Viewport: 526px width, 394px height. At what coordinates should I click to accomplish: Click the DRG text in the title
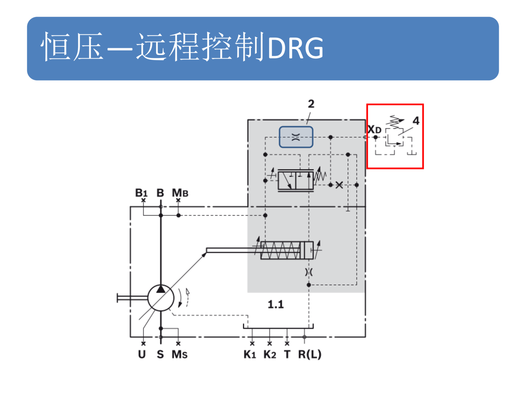pyautogui.click(x=296, y=48)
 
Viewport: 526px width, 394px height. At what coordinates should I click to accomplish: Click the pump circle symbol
pyautogui.click(x=161, y=298)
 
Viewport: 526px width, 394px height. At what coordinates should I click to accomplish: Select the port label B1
pyautogui.click(x=141, y=193)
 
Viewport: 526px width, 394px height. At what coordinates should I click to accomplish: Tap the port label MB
pyautogui.click(x=180, y=193)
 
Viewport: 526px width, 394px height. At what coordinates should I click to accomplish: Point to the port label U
pyautogui.click(x=142, y=354)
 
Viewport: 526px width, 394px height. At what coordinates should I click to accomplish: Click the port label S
pyautogui.click(x=160, y=354)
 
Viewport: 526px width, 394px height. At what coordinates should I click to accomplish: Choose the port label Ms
pyautogui.click(x=179, y=354)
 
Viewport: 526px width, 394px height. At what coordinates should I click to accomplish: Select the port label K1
pyautogui.click(x=250, y=354)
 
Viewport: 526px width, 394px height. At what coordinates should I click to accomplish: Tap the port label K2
pyautogui.click(x=270, y=354)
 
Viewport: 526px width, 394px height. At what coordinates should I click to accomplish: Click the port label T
pyautogui.click(x=287, y=354)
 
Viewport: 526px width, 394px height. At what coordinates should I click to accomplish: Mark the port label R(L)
pyautogui.click(x=310, y=354)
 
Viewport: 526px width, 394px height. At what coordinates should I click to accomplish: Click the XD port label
pyautogui.click(x=374, y=129)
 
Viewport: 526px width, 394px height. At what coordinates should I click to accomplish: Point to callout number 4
pyautogui.click(x=416, y=121)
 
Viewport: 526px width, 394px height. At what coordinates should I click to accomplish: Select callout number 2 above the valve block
pyautogui.click(x=311, y=104)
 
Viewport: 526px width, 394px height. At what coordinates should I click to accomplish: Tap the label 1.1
pyautogui.click(x=276, y=305)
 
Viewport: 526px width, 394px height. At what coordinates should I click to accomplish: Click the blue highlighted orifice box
pyautogui.click(x=296, y=137)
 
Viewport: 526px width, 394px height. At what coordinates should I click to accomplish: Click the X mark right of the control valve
pyautogui.click(x=339, y=185)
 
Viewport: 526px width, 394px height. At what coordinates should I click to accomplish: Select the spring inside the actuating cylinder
pyautogui.click(x=281, y=250)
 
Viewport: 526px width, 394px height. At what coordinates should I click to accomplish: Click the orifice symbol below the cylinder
pyautogui.click(x=309, y=272)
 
